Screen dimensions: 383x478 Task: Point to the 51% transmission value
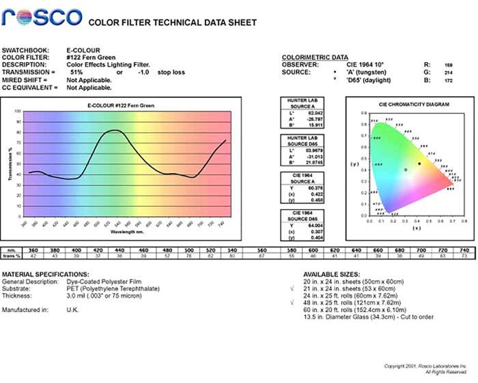(x=76, y=72)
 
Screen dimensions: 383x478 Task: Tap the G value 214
(x=448, y=72)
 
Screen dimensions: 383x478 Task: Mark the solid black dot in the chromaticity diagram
(x=419, y=163)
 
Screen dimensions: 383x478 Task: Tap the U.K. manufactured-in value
(x=74, y=311)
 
